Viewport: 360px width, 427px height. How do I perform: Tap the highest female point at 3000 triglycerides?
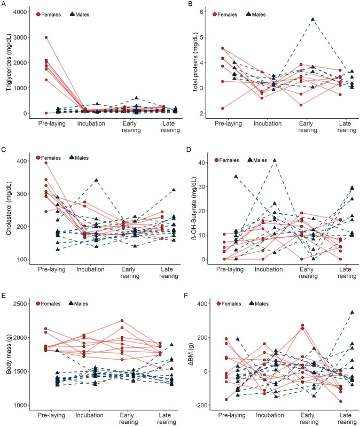(46, 37)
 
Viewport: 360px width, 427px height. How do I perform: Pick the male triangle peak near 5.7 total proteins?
(313, 19)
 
